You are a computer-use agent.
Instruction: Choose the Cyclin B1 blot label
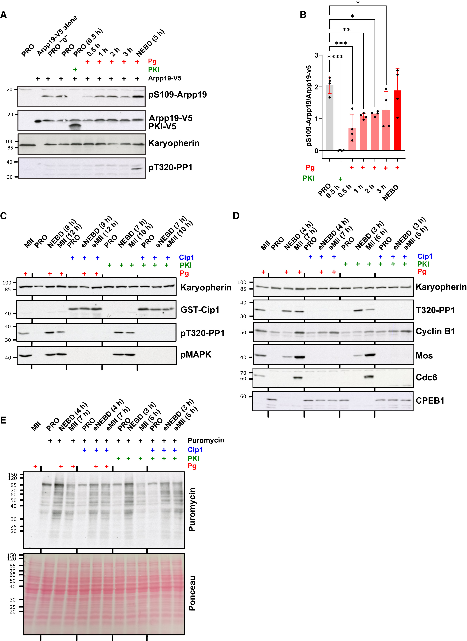[435, 331]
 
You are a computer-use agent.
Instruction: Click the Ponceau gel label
[192, 593]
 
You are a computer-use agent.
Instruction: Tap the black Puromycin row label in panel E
[206, 440]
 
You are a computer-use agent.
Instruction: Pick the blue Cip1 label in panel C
[186, 257]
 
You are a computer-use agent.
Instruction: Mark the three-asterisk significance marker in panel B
[341, 43]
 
